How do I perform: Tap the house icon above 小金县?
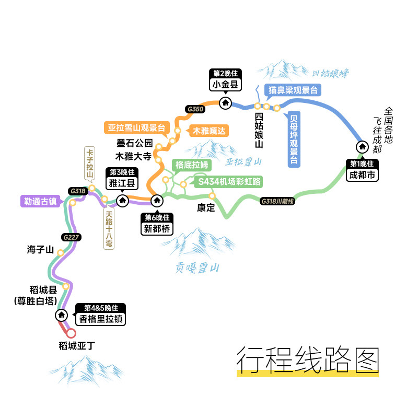point(226,103)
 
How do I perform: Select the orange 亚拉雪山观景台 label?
point(136,127)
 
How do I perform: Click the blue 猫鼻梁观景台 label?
point(293,90)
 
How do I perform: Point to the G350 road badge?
point(195,109)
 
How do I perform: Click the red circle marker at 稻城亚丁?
point(71,333)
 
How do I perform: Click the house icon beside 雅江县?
point(122,200)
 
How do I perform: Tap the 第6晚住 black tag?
point(156,217)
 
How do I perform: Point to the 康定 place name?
point(206,208)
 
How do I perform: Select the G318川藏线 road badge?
point(277,201)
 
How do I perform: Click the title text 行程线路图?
point(307,359)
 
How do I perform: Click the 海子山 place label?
point(41,250)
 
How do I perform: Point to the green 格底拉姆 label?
point(192,165)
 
